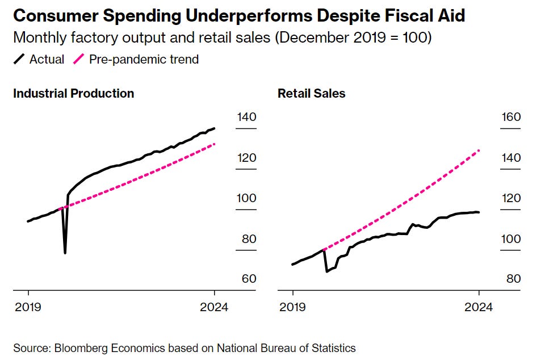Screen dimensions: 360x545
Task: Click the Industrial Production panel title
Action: (x=74, y=94)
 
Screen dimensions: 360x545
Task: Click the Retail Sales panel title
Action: (x=311, y=94)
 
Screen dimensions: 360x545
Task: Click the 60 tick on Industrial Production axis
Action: (x=249, y=279)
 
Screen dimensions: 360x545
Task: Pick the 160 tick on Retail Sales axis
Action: (x=510, y=118)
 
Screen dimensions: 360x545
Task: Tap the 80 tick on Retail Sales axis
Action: (x=513, y=279)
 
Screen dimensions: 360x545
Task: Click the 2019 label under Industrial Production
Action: (x=28, y=307)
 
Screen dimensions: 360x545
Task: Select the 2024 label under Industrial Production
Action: (x=214, y=307)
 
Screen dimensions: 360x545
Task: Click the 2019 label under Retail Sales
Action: (x=292, y=307)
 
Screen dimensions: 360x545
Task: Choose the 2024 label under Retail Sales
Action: (x=479, y=307)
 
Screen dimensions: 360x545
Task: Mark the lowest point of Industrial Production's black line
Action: (x=65, y=253)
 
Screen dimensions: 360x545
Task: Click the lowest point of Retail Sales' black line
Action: (x=326, y=271)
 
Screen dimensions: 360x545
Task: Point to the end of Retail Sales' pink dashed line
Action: (x=479, y=150)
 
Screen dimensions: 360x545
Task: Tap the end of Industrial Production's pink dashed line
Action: (x=215, y=144)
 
